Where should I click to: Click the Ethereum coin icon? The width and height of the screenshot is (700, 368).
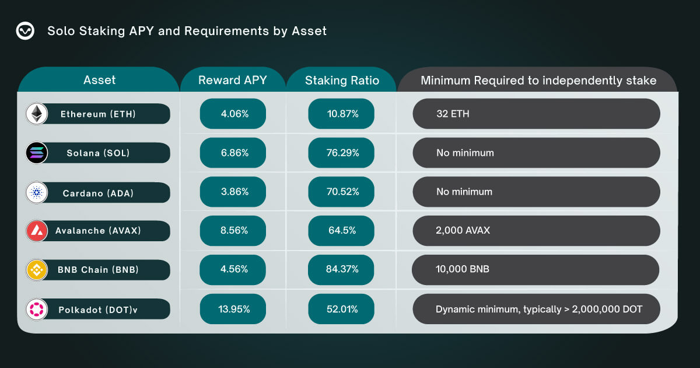click(37, 114)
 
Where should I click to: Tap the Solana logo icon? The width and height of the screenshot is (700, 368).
click(37, 153)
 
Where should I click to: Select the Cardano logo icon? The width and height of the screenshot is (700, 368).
click(37, 192)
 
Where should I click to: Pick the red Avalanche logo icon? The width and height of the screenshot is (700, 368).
click(37, 231)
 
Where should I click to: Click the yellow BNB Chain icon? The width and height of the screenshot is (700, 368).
click(37, 270)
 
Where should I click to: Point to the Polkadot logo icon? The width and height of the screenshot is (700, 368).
click(37, 309)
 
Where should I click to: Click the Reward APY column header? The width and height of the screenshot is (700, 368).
click(232, 81)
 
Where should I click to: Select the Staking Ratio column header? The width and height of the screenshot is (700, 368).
click(342, 81)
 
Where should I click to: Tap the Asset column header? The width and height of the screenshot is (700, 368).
click(99, 80)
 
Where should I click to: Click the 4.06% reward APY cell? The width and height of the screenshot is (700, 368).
click(233, 114)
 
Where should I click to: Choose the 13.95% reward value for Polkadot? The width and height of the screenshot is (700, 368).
click(233, 309)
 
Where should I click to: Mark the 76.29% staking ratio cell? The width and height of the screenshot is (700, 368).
click(341, 153)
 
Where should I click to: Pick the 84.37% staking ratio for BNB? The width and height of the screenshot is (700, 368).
click(341, 270)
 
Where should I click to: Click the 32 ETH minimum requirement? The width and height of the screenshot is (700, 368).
click(536, 114)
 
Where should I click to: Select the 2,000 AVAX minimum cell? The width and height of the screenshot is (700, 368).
click(536, 231)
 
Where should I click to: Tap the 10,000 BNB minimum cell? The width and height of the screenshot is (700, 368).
click(535, 270)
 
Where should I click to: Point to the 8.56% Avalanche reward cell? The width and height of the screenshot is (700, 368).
click(233, 231)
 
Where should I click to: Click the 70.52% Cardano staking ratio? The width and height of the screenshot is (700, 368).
click(341, 192)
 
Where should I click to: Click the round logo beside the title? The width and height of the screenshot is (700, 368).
click(25, 31)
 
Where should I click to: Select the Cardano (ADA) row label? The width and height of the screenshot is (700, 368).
click(98, 193)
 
